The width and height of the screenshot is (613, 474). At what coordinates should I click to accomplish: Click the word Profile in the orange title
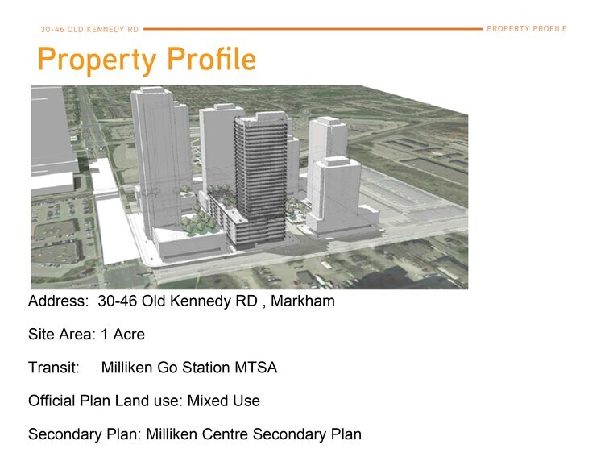coord(211,60)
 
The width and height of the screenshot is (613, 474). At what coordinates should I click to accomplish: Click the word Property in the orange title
coord(98,60)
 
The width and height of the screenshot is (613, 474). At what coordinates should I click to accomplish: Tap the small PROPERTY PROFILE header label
coord(527,29)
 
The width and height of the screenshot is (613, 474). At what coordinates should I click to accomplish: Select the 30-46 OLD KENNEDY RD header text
coord(89,30)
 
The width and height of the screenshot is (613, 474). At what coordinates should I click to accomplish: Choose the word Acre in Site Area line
coord(128,335)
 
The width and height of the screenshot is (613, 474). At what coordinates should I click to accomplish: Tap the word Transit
coord(53,368)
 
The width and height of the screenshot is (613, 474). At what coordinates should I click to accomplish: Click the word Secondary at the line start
coord(63,434)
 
